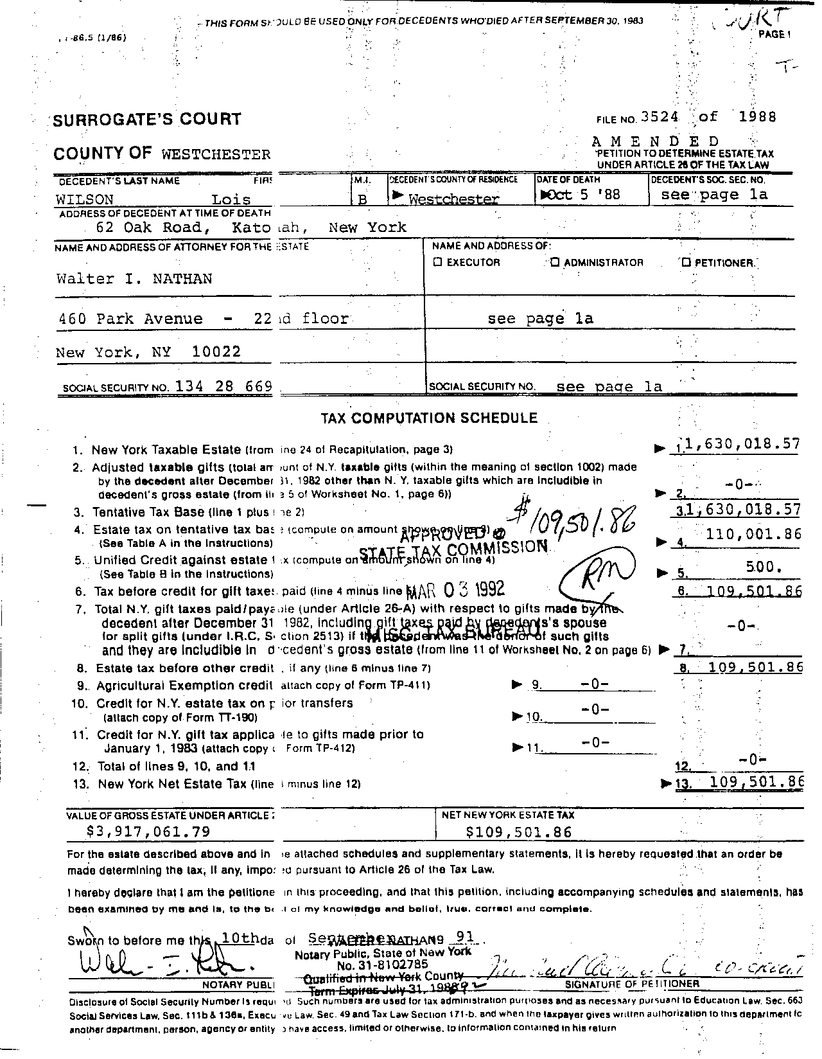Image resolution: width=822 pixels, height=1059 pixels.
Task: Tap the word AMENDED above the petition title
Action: tap(655, 141)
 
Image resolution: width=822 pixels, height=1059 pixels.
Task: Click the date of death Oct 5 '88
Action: tap(582, 194)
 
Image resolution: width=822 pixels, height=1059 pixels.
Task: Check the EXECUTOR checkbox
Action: tap(437, 262)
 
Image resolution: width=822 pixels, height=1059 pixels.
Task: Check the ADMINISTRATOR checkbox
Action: tap(555, 262)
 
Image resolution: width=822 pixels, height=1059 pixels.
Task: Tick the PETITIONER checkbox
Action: tap(686, 262)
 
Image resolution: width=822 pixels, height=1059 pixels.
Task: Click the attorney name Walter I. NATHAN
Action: tap(134, 279)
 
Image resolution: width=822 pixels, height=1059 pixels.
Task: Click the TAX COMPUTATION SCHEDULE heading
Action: tap(429, 418)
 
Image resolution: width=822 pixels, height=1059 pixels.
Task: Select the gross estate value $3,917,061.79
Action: tap(148, 831)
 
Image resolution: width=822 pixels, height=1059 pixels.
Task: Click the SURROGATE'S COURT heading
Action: tap(146, 120)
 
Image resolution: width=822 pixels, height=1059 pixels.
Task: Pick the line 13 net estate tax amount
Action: tap(756, 782)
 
